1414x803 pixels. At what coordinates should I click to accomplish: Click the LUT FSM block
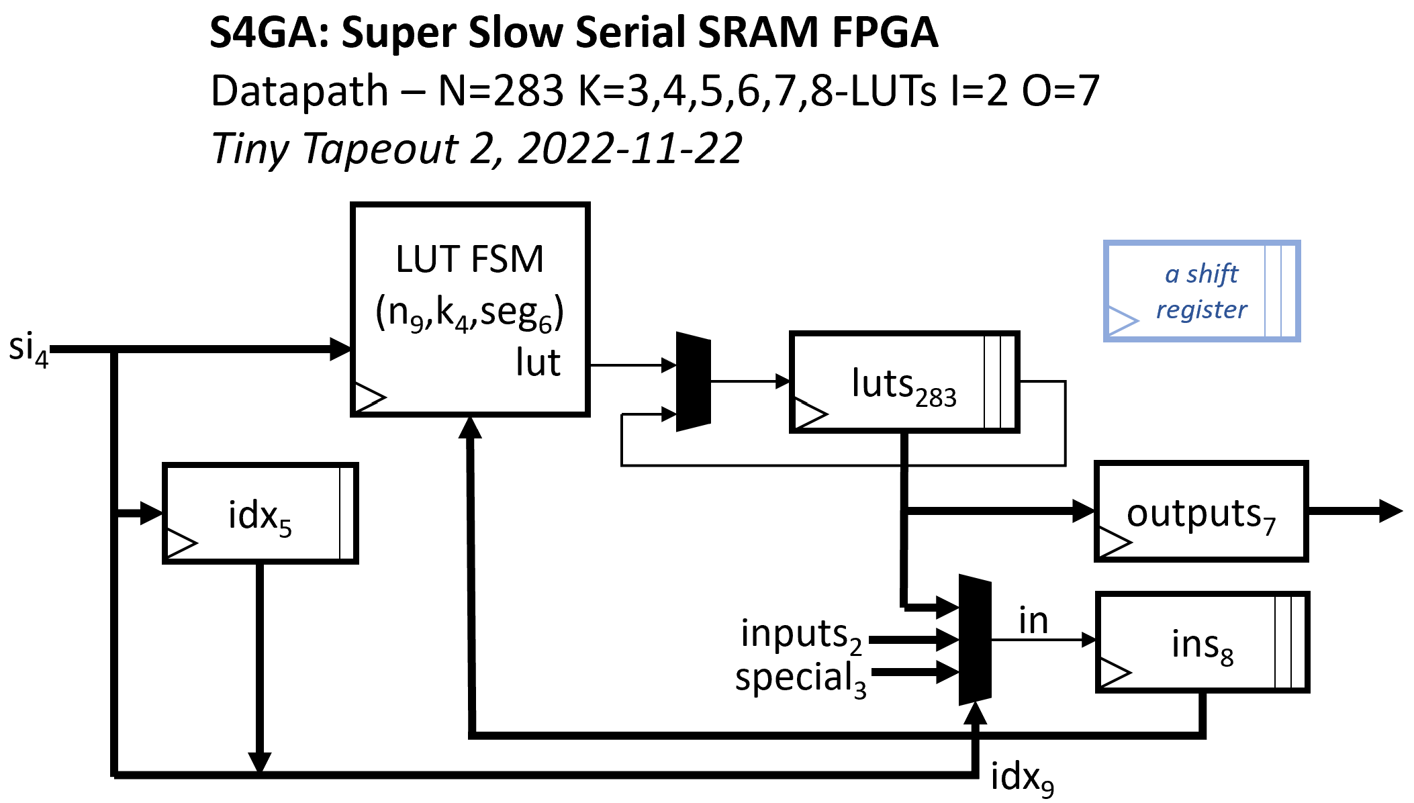click(x=469, y=309)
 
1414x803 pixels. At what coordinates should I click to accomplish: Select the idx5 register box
click(x=260, y=513)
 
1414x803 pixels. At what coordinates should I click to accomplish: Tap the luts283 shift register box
click(x=904, y=381)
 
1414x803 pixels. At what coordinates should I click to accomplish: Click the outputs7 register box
click(x=1200, y=511)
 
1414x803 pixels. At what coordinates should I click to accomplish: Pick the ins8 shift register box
click(x=1202, y=642)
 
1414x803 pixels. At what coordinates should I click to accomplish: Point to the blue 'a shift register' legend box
click(x=1201, y=291)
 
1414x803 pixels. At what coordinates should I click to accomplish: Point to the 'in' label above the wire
click(x=1033, y=620)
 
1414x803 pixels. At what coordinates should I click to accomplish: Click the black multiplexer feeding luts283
click(x=693, y=381)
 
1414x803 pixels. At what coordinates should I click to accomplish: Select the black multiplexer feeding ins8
click(x=975, y=639)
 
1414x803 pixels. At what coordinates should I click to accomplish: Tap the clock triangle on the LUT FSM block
click(x=369, y=397)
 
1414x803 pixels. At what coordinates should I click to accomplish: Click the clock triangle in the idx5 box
click(x=180, y=543)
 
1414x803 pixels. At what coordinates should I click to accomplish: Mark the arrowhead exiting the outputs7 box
click(x=1390, y=511)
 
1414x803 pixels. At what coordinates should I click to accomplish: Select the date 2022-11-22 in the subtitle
click(x=630, y=148)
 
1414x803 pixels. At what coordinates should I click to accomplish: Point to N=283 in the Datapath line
click(x=500, y=91)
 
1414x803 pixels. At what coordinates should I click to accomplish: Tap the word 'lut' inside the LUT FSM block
click(x=538, y=363)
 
